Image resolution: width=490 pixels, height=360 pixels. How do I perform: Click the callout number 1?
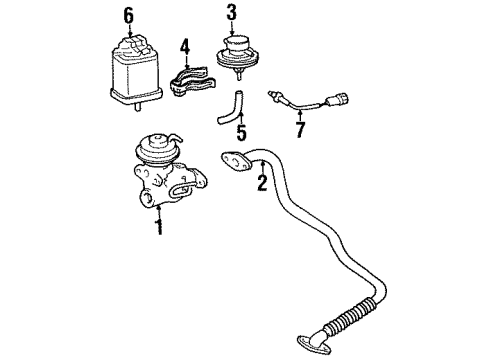pos(157,228)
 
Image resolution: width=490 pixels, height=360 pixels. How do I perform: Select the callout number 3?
pos(231,12)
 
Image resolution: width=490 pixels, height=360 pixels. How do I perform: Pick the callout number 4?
pos(184,45)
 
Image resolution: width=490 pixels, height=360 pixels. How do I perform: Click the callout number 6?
pos(127,14)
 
